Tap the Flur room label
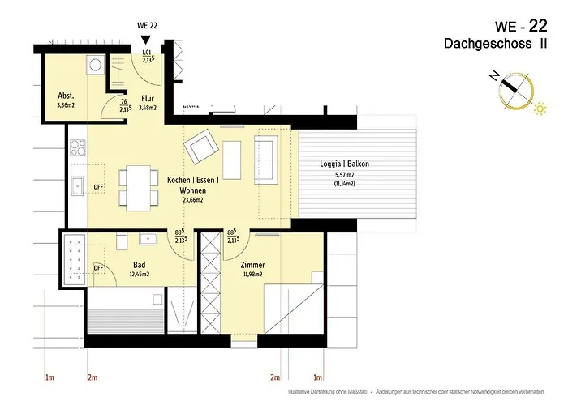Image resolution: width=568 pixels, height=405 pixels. pos(148,98)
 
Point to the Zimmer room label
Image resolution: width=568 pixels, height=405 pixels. pos(253,265)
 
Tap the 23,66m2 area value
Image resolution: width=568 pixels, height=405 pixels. pos(191,199)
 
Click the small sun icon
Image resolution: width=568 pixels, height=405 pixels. pos(538,108)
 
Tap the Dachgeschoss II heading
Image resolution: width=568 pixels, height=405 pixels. pos(495,42)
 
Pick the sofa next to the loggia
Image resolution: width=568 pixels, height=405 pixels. pos(265,153)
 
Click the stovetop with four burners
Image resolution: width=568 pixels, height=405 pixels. pos(79,147)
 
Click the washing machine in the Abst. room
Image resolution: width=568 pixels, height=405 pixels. pos(95,65)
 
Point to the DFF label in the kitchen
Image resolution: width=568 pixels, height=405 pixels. pos(98,186)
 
